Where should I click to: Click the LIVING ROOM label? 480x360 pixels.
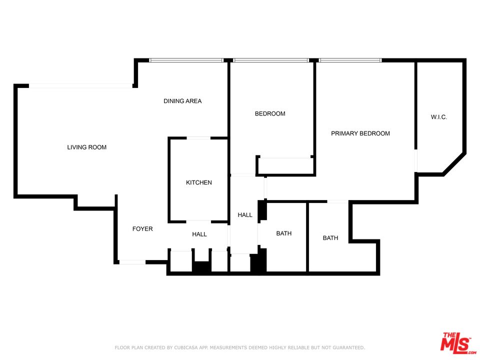[86, 147]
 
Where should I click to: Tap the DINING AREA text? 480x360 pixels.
[182, 101]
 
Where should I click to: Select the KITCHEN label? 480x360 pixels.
[198, 182]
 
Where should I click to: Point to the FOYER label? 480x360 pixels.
[142, 228]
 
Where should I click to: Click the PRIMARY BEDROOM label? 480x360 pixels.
[360, 133]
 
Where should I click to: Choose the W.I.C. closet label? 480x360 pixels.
[438, 117]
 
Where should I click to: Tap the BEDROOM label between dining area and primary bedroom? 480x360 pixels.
[270, 113]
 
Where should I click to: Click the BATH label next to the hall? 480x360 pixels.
[284, 233]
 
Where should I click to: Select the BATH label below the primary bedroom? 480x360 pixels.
[330, 238]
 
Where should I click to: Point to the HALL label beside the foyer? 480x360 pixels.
[199, 234]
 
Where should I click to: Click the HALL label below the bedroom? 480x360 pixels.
[245, 215]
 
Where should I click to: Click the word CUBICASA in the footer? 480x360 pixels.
[186, 347]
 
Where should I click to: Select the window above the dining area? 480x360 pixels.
[186, 60]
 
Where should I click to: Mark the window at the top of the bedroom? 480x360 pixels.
[271, 60]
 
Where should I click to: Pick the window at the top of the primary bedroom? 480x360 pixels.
[350, 60]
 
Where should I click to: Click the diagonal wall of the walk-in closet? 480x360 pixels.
[454, 164]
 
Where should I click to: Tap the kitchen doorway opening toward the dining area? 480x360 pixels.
[198, 138]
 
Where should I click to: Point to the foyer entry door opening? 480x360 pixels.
[132, 262]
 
